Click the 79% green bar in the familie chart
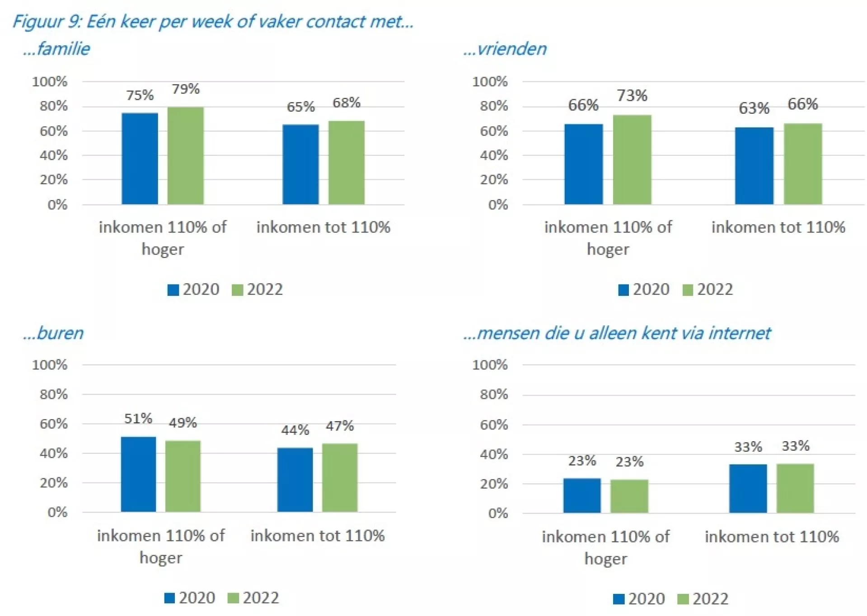pyautogui.click(x=185, y=156)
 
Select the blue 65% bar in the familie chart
pyautogui.click(x=300, y=164)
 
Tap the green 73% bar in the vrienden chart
pyautogui.click(x=632, y=160)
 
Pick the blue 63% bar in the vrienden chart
pyautogui.click(x=754, y=166)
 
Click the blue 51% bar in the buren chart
pyautogui.click(x=138, y=474)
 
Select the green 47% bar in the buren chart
pyautogui.click(x=339, y=477)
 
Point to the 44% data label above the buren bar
pyautogui.click(x=295, y=430)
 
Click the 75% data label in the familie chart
pyautogui.click(x=140, y=95)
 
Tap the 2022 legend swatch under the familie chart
pyautogui.click(x=237, y=290)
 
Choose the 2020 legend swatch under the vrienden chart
pyautogui.click(x=623, y=290)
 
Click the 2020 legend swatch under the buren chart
pyautogui.click(x=169, y=598)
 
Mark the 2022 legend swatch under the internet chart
pyautogui.click(x=683, y=599)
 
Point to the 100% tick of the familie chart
pyautogui.click(x=50, y=82)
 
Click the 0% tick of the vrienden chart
pyautogui.click(x=498, y=205)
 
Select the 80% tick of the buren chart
pyautogui.click(x=53, y=394)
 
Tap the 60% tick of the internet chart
pyautogui.click(x=494, y=425)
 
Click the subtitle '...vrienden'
pyautogui.click(x=505, y=49)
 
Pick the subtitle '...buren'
pyautogui.click(x=53, y=333)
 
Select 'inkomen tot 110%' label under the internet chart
pyautogui.click(x=771, y=537)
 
